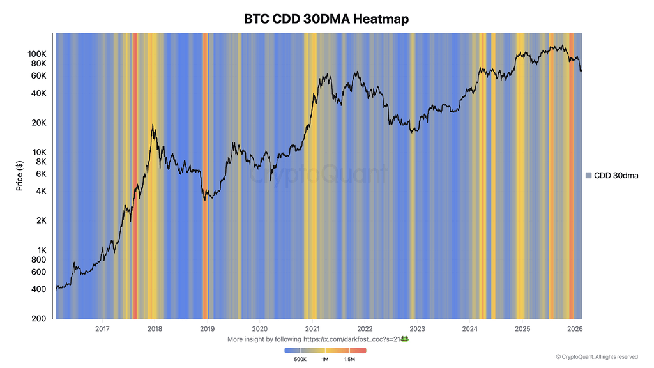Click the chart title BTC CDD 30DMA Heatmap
point(326,19)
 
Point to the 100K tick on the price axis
point(35,54)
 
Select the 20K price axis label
point(38,123)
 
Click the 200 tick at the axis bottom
point(38,318)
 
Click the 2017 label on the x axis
point(102,329)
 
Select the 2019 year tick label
point(207,329)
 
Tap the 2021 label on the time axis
point(312,329)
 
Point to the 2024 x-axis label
point(470,329)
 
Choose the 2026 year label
point(575,329)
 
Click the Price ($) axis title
point(20,175)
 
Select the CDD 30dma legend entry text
point(616,175)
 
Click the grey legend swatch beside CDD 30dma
point(588,175)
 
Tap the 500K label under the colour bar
point(300,360)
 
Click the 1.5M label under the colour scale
point(349,360)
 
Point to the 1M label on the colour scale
point(325,360)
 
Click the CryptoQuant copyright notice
point(597,357)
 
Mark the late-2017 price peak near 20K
point(153,125)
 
